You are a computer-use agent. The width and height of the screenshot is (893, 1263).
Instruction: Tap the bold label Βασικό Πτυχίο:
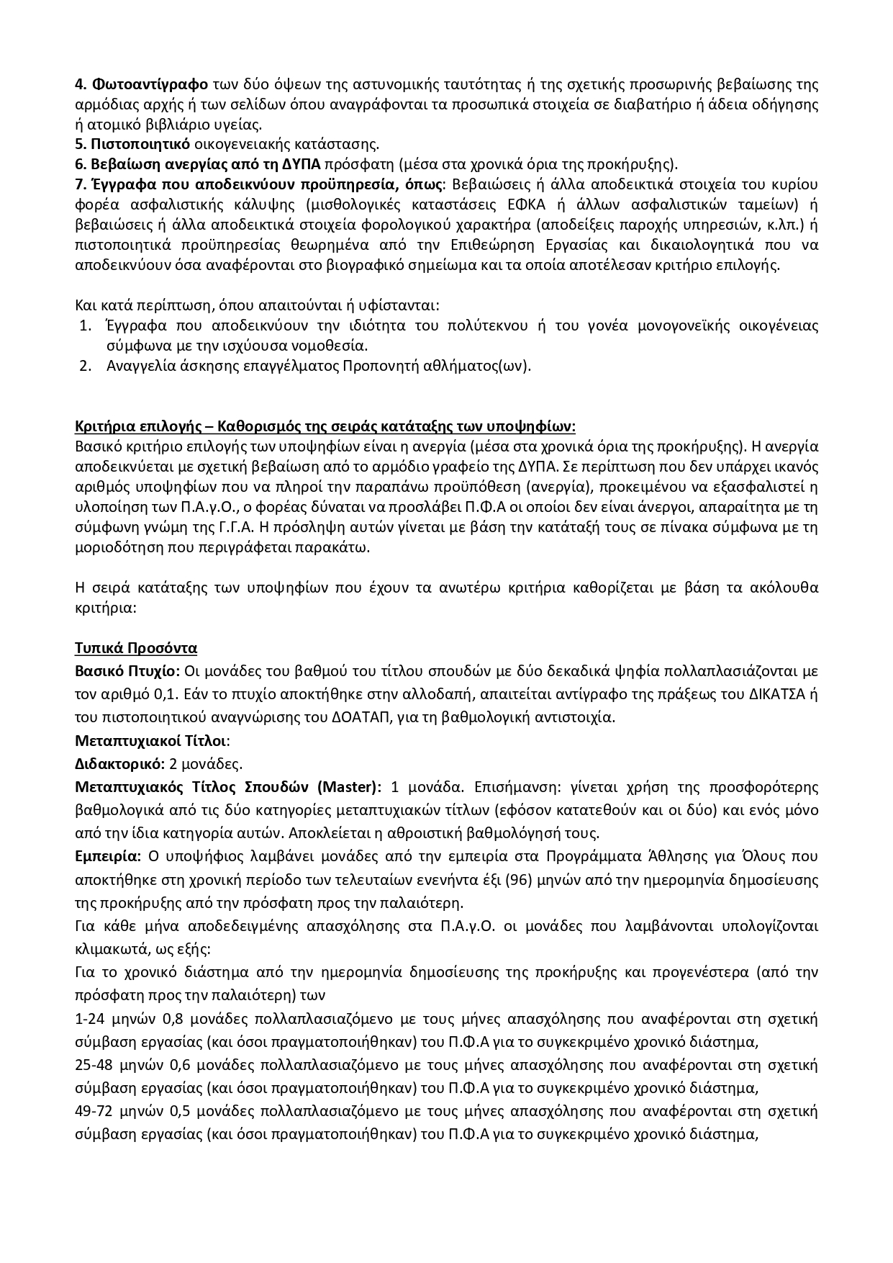click(127, 672)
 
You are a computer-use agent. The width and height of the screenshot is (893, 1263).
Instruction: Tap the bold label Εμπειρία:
click(108, 857)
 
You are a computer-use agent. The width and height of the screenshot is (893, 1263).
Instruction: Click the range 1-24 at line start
click(89, 1020)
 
